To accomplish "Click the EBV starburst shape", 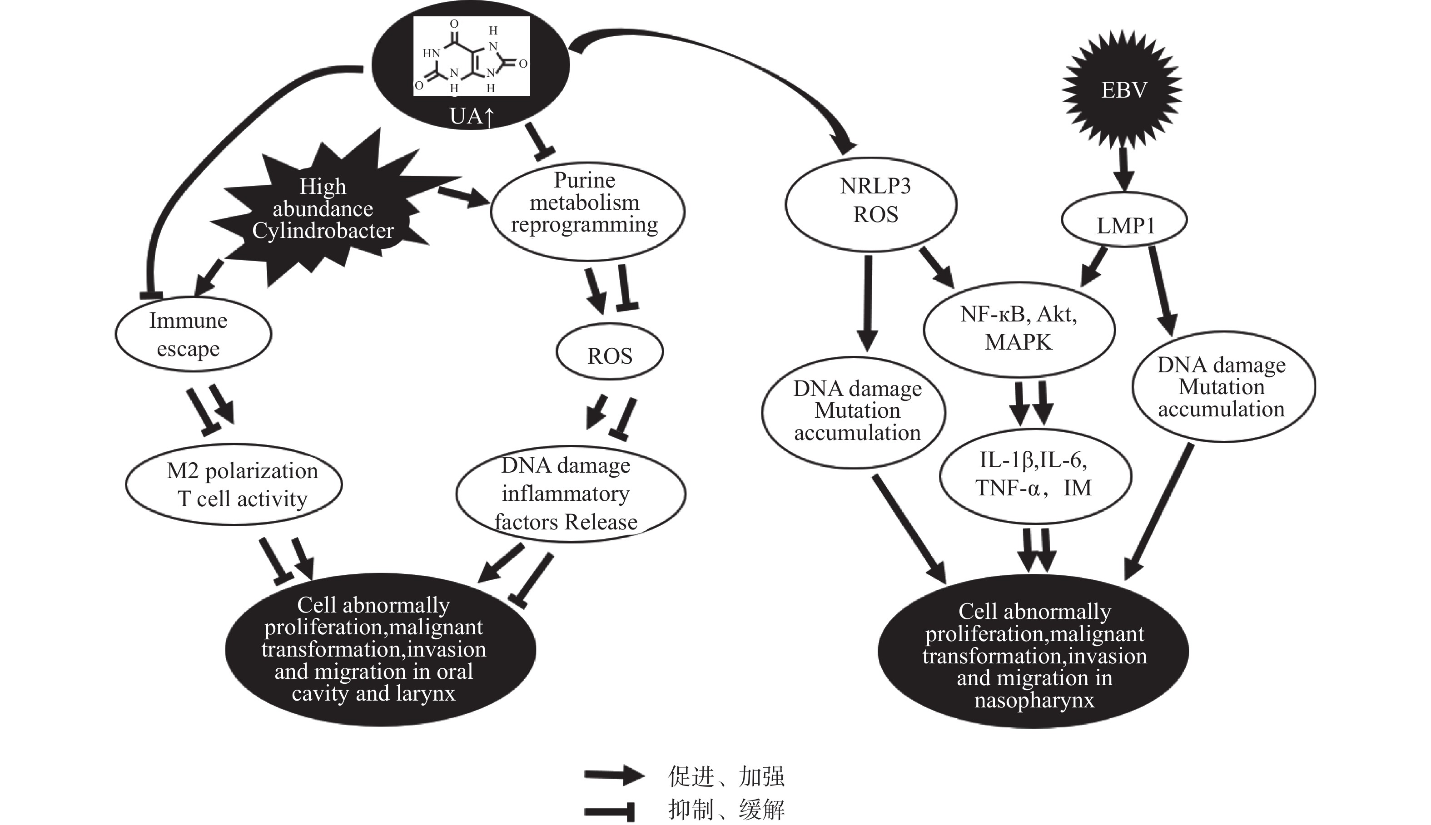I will (1122, 89).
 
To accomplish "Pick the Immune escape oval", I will (193, 334).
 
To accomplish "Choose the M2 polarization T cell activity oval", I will (234, 484).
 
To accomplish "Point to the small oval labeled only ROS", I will (610, 352).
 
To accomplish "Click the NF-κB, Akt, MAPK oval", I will (1019, 329).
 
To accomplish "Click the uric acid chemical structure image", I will (472, 55).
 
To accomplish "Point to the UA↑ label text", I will (472, 116).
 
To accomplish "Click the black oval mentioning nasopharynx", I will (1033, 652).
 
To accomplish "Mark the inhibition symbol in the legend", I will (610, 810).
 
